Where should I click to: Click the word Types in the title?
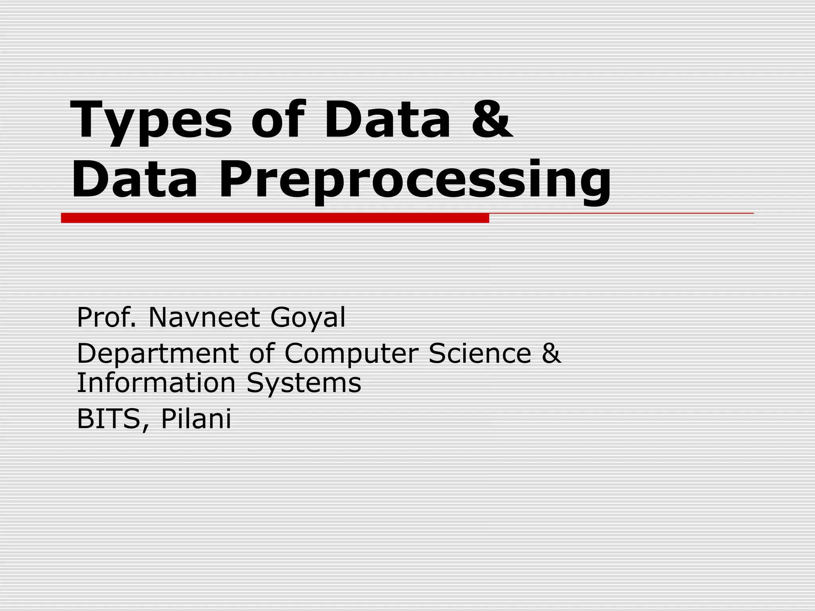(150, 121)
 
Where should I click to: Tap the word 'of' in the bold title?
(277, 119)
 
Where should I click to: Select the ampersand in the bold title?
(492, 119)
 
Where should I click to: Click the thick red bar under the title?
(275, 218)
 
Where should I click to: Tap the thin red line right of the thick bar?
(621, 214)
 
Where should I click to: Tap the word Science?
(480, 353)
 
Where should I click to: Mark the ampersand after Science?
(551, 353)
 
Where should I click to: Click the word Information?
(156, 383)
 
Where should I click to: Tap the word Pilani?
(196, 419)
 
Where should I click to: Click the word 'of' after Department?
(262, 353)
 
